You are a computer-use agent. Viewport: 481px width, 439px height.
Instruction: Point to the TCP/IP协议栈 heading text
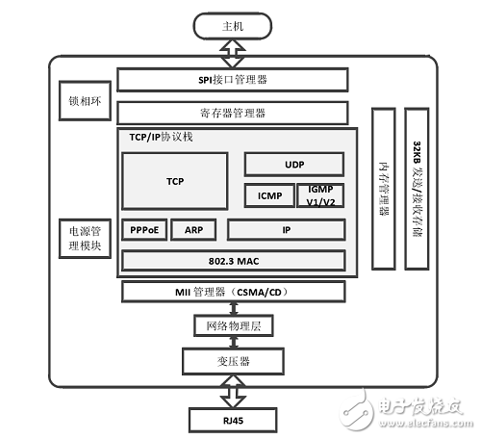(x=161, y=138)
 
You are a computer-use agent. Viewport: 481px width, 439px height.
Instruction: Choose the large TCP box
(x=175, y=181)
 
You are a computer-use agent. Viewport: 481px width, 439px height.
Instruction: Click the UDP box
(x=294, y=164)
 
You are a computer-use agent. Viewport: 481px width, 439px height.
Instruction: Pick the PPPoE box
(x=144, y=231)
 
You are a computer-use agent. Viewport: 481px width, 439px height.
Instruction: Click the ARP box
(x=193, y=231)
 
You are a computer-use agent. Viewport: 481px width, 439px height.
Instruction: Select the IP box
(x=287, y=231)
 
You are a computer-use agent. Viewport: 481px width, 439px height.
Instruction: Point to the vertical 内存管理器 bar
(x=383, y=189)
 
